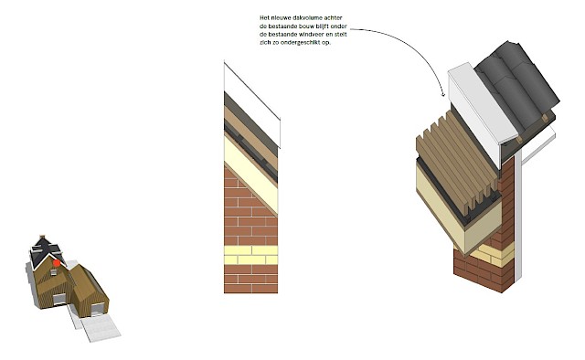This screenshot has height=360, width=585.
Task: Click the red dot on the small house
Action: (56, 261)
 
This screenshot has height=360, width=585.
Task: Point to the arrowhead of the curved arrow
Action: (443, 94)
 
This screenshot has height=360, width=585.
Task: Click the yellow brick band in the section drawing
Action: (250, 255)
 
